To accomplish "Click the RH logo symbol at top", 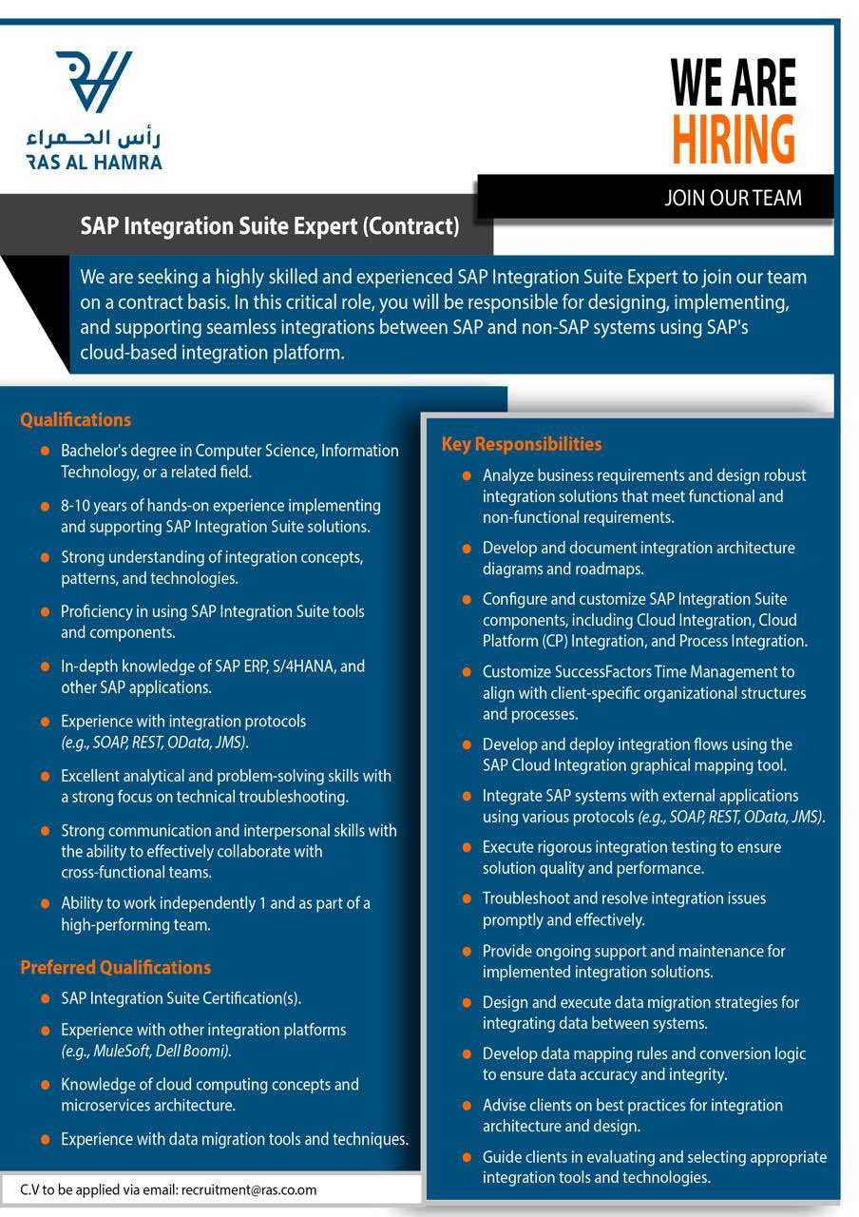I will point(94,81).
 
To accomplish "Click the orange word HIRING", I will point(733,139).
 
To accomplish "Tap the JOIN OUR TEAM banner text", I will point(733,198).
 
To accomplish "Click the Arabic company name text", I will point(94,138).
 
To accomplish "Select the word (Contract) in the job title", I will point(412,226).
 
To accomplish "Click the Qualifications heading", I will point(75,419).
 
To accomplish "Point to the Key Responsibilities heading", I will point(521,444).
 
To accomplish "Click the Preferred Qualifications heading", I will point(115,967).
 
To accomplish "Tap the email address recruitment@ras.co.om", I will point(249,1189).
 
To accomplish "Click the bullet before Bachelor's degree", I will point(45,451).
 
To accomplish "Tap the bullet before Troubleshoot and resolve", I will point(466,898).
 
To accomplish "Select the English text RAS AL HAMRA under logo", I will point(94,163).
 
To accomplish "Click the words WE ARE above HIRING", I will point(733,83).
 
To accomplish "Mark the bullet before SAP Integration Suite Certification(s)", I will point(45,998).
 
